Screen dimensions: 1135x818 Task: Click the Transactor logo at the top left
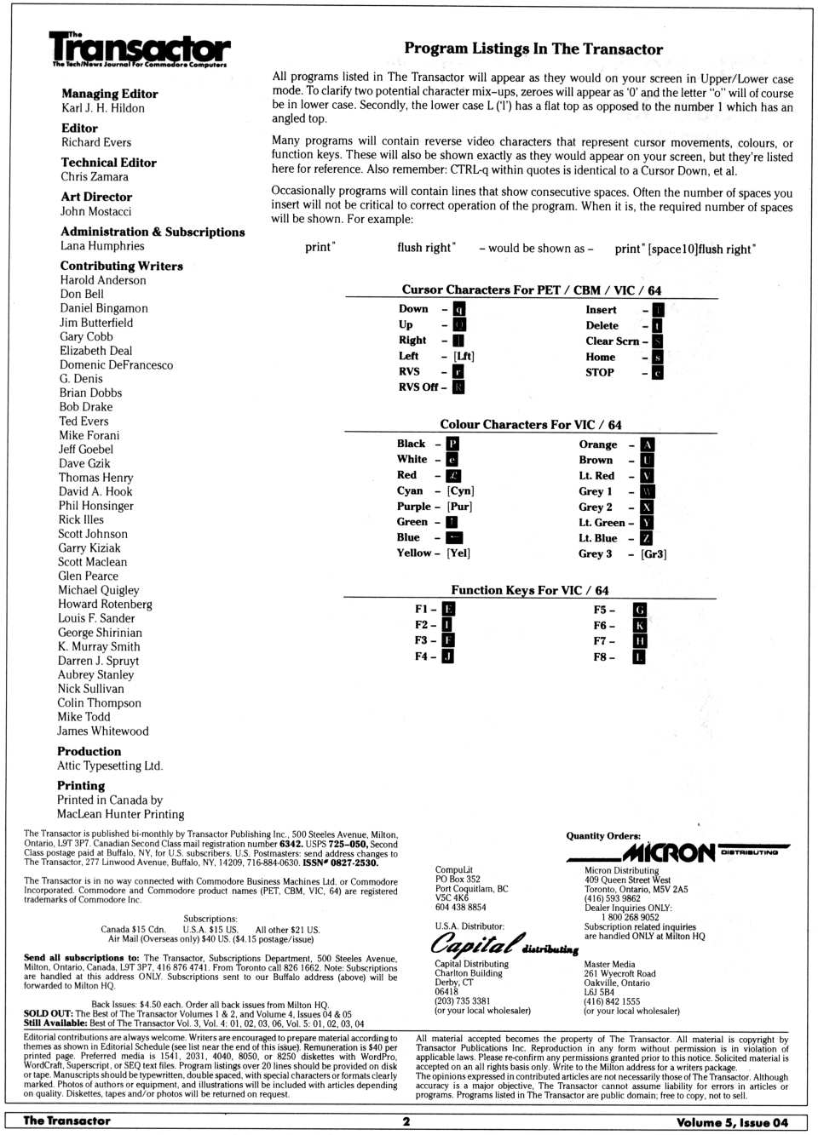[x=140, y=49]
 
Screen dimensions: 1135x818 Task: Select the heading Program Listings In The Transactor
[x=533, y=49]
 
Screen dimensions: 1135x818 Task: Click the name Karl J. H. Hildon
[x=103, y=108]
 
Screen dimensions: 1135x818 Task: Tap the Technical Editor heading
[x=108, y=162]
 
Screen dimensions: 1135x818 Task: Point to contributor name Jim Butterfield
[x=96, y=323]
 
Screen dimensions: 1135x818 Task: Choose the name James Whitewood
[x=102, y=731]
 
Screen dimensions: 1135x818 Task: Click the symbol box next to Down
[x=458, y=309]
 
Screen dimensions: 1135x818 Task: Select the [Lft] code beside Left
[x=464, y=356]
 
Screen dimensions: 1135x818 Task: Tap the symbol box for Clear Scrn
[x=658, y=341]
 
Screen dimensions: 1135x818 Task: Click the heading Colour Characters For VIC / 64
[x=530, y=424]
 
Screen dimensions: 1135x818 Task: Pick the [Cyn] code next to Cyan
[x=460, y=490]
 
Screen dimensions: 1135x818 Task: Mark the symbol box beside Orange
[x=648, y=444]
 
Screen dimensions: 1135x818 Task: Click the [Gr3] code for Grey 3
[x=654, y=553]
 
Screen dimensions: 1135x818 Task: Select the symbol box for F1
[x=448, y=609]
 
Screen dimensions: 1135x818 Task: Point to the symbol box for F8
[x=639, y=657]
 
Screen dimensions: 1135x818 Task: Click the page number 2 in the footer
[x=406, y=1121]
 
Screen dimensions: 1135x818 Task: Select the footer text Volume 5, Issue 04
[x=732, y=1122]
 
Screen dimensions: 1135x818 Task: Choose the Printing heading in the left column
[x=81, y=785]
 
